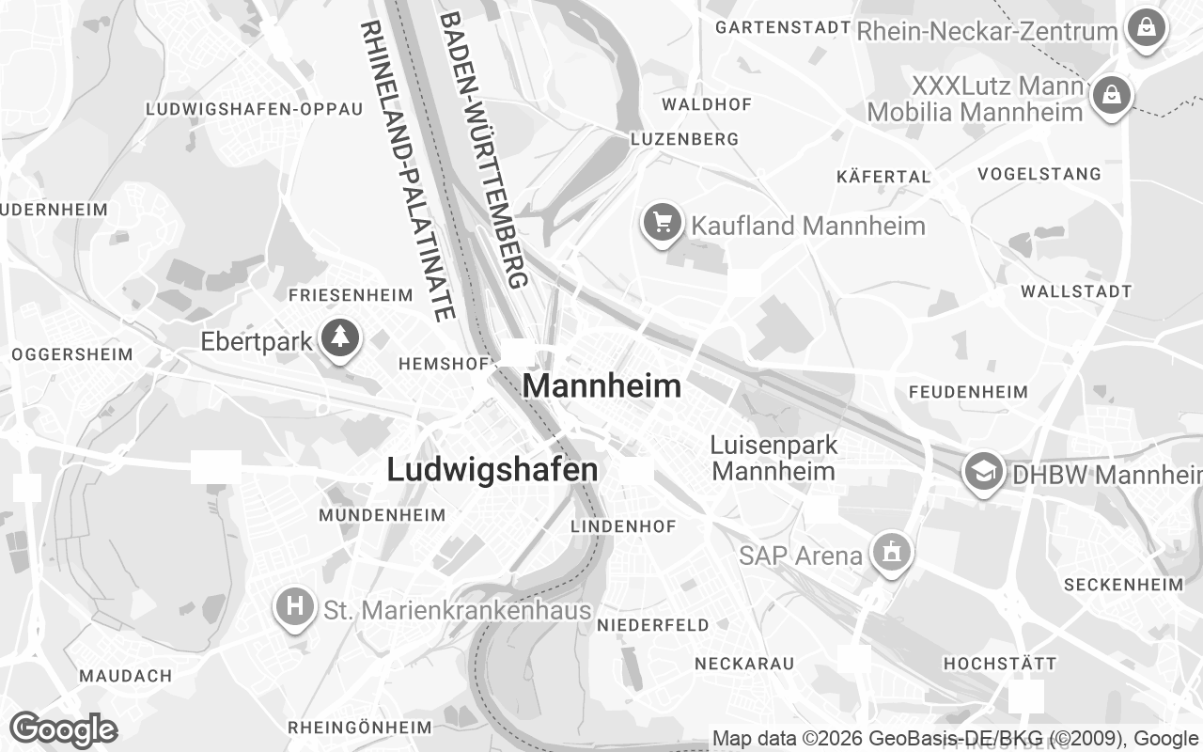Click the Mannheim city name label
(x=601, y=385)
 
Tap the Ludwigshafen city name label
(x=492, y=470)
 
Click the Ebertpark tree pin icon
(x=340, y=339)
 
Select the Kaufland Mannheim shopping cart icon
(x=664, y=224)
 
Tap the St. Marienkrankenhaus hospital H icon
(x=294, y=607)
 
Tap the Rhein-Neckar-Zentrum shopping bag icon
(x=1147, y=29)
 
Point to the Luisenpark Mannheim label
(x=773, y=458)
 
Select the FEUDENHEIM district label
(x=968, y=391)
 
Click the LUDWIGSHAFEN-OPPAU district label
(x=254, y=109)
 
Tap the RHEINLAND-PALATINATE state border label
(x=407, y=169)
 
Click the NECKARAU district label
(x=744, y=664)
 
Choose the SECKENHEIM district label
(x=1123, y=585)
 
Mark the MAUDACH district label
(x=126, y=676)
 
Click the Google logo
(x=63, y=729)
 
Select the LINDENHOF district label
(x=623, y=526)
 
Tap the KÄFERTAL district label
(x=883, y=176)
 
